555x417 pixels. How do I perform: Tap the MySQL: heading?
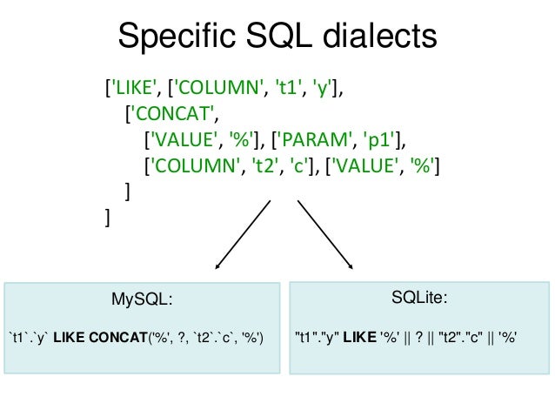142,300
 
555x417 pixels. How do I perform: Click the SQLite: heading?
421,299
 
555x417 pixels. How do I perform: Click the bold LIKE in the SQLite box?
357,336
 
